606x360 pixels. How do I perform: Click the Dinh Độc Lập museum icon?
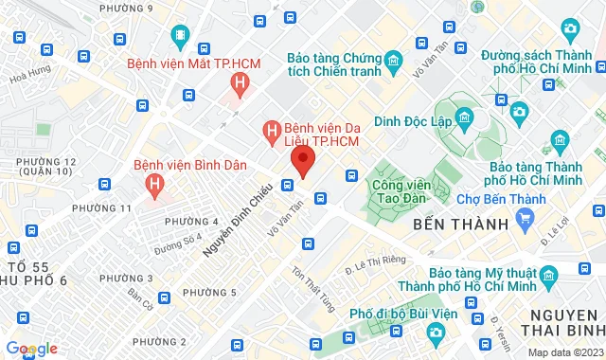[465, 118]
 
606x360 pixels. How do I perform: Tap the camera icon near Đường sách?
[519, 113]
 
